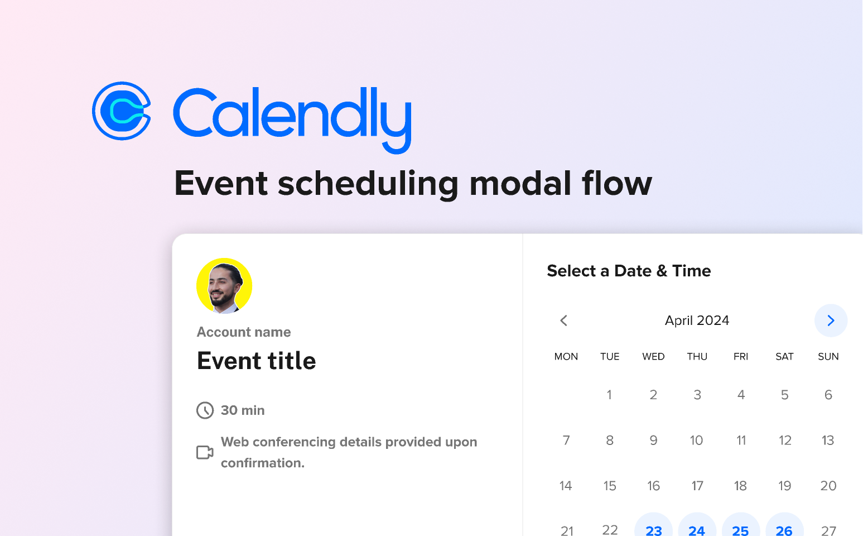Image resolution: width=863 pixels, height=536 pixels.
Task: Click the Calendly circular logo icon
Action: [122, 111]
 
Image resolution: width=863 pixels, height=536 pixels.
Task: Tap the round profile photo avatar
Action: [224, 286]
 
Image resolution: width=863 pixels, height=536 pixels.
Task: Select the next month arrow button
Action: [831, 320]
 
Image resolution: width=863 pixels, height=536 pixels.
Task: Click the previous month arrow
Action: [564, 320]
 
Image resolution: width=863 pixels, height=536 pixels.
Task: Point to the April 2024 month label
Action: [697, 320]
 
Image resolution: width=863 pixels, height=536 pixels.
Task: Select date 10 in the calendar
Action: [696, 441]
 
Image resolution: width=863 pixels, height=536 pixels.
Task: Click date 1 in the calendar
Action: [609, 395]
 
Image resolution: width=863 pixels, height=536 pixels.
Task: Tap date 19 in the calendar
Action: [784, 486]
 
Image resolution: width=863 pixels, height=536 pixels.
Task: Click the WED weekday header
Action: [653, 357]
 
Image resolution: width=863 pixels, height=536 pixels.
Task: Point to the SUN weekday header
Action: [828, 357]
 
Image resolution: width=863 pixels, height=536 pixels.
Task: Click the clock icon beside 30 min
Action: [205, 410]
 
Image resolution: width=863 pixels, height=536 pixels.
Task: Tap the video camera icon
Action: [205, 452]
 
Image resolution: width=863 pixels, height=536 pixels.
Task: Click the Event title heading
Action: [257, 361]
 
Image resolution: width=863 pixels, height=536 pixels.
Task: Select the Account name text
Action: [244, 332]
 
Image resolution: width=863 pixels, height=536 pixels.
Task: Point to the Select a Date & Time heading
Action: [629, 271]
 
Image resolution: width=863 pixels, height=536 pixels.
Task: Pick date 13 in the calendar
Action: [828, 441]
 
